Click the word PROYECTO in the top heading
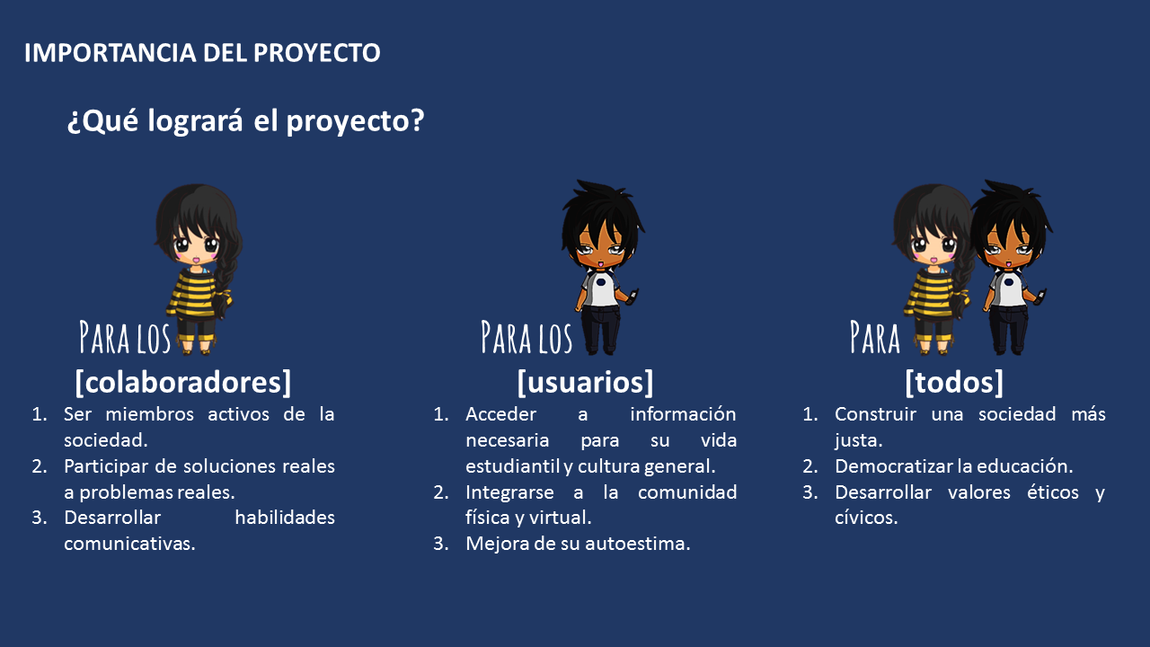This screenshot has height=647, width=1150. coord(317,52)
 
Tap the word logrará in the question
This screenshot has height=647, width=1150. coord(195,121)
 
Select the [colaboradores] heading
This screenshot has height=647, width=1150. coord(182,382)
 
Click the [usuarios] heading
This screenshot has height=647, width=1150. coord(585,382)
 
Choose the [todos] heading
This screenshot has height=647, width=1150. coord(954,382)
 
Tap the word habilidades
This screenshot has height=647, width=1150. coord(285,518)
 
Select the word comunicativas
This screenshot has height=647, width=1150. coord(129,544)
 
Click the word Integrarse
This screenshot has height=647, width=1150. coord(509,492)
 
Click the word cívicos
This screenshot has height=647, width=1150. coord(866,518)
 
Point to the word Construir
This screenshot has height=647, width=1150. coord(875,414)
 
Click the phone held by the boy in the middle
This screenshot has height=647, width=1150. coord(633,296)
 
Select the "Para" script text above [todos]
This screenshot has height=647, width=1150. coord(875,337)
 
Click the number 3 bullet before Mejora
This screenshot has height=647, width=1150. coord(441,544)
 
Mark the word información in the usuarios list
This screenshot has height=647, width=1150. coord(683,414)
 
